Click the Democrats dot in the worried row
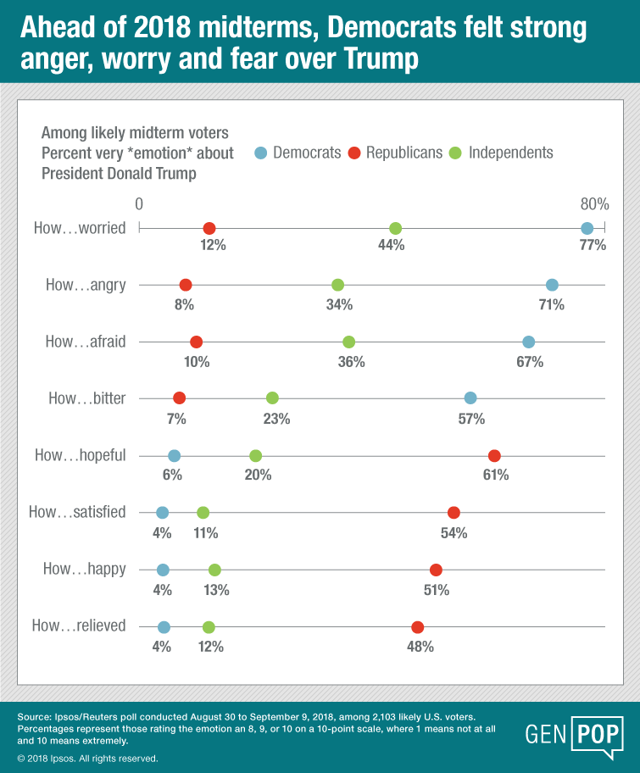click(587, 228)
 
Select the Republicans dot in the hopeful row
click(494, 455)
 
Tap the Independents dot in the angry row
click(337, 285)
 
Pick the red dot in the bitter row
click(179, 398)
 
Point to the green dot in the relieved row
click(209, 627)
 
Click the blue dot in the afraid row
click(529, 342)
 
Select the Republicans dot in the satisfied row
click(454, 512)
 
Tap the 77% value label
click(593, 247)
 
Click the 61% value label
click(496, 475)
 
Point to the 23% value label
click(277, 418)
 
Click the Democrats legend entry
click(298, 153)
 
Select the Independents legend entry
click(502, 153)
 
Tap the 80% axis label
click(594, 204)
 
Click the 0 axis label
click(138, 204)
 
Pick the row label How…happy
click(84, 570)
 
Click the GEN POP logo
click(573, 733)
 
